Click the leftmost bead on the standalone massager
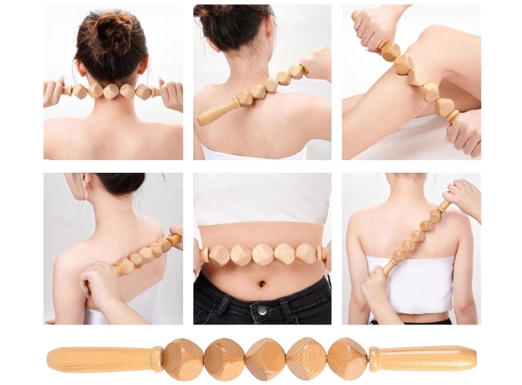tap(182, 358)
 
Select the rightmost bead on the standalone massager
tap(347, 358)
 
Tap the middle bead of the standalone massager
tap(265, 359)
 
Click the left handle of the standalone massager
tap(98, 358)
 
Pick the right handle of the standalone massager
tap(424, 358)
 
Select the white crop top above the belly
tap(261, 198)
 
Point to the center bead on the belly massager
tap(263, 254)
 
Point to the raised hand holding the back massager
tap(463, 197)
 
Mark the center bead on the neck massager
tap(111, 91)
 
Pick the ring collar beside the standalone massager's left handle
tap(157, 358)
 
